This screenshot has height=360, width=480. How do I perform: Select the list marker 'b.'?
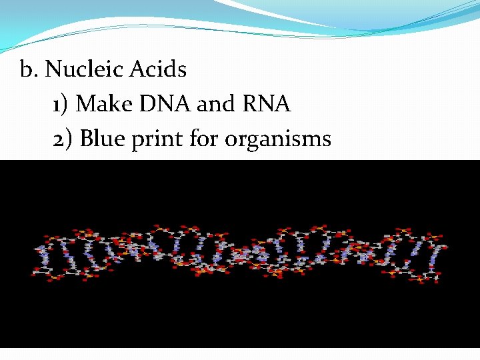tap(29, 69)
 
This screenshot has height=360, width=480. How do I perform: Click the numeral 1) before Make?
tap(61, 104)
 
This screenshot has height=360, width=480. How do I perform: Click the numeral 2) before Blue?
tap(62, 139)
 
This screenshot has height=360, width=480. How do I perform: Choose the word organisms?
tap(279, 139)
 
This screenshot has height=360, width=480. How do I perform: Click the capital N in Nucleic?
tap(53, 69)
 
